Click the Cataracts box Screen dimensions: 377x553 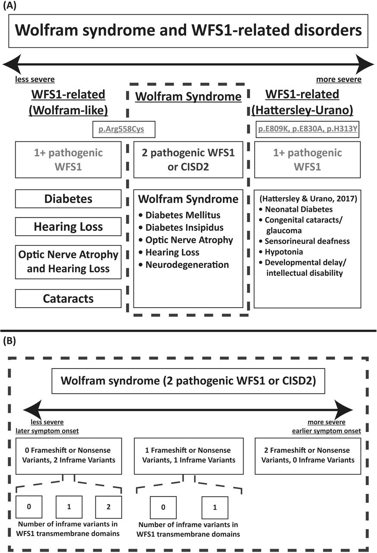pyautogui.click(x=68, y=299)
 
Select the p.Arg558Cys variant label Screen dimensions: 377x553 pyautogui.click(x=121, y=129)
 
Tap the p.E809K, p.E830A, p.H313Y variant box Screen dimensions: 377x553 pyautogui.click(x=307, y=129)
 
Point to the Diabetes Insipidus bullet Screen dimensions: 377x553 pyautogui.click(x=181, y=227)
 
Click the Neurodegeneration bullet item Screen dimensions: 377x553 pyautogui.click(x=184, y=265)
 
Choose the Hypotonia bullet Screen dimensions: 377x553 pyautogui.click(x=281, y=251)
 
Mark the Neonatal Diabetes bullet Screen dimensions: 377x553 pyautogui.click(x=296, y=210)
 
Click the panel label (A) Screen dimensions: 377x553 pyautogui.click(x=10, y=6)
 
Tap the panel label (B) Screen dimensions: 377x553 pyautogui.click(x=10, y=341)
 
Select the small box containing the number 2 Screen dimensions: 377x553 pyautogui.click(x=108, y=507)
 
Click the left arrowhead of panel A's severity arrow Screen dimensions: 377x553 pyautogui.click(x=12, y=64)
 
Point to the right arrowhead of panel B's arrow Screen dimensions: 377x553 pyautogui.click(x=344, y=410)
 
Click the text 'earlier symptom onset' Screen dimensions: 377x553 pyautogui.click(x=326, y=431)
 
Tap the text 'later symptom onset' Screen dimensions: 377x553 pyautogui.click(x=47, y=431)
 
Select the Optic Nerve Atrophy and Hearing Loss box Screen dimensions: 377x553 pyautogui.click(x=68, y=262)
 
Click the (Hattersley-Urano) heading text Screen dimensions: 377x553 pyautogui.click(x=302, y=110)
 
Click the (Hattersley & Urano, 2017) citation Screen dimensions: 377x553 pyautogui.click(x=308, y=198)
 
